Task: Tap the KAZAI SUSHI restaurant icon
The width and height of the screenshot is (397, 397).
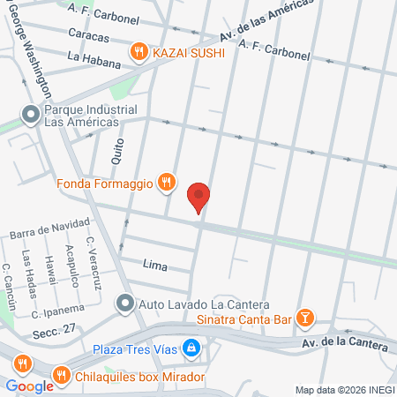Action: [138, 53]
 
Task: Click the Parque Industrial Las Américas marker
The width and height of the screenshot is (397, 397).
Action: [31, 114]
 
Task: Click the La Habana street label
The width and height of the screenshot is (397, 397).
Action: [86, 58]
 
